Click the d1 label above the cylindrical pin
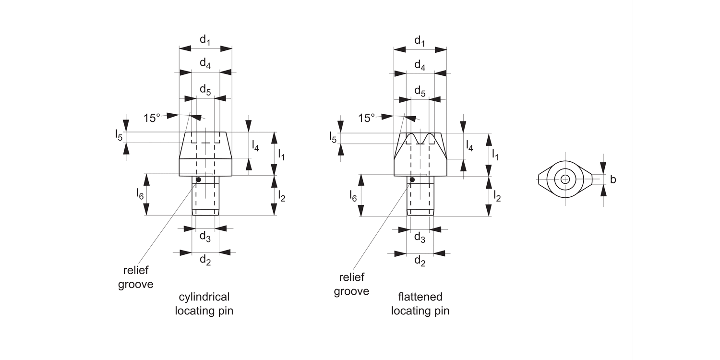[205, 40]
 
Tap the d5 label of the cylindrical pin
[205, 89]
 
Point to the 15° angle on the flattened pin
[367, 117]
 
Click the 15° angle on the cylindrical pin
[152, 117]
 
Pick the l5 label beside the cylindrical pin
[119, 135]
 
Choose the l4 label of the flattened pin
[469, 146]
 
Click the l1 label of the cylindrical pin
[282, 155]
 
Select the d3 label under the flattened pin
[420, 237]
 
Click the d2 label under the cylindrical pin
[205, 260]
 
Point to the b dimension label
[613, 180]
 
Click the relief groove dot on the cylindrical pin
[197, 180]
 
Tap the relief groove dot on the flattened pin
[412, 180]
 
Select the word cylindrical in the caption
[204, 296]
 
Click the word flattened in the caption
[420, 297]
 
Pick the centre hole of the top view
[565, 180]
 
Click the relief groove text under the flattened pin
[351, 284]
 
